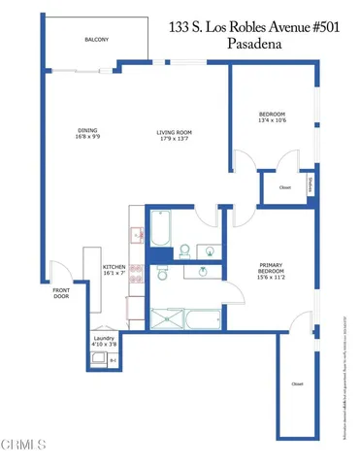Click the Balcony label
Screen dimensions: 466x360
[96, 39]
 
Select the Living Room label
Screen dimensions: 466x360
[177, 133]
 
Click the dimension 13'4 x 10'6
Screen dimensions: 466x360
[273, 119]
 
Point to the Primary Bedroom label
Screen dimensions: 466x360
[271, 266]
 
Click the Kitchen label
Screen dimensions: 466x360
[114, 265]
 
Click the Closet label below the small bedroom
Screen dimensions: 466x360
[284, 187]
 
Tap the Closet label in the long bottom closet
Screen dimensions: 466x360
[296, 384]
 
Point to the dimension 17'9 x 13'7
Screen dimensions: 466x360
[177, 142]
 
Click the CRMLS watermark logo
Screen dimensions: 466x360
[24, 447]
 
